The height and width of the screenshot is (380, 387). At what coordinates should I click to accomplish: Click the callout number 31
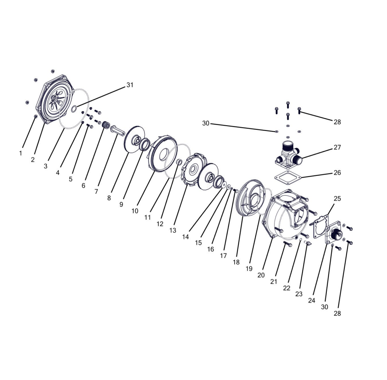point(130,85)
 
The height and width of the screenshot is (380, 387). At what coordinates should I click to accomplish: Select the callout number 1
point(21,153)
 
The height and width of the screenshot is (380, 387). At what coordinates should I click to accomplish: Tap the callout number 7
point(96,192)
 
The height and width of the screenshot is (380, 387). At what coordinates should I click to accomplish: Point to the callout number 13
point(173,230)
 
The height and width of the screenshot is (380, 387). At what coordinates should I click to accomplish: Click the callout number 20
point(261,275)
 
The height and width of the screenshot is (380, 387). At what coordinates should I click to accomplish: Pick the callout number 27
point(337,147)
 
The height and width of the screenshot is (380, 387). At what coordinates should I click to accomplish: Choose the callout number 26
point(337,172)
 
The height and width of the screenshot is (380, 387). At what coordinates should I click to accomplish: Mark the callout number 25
point(337,198)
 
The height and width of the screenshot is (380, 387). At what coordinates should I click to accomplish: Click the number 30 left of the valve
point(206,123)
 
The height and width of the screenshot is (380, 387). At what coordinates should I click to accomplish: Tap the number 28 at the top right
point(337,122)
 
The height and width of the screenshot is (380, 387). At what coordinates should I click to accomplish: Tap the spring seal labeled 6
point(106,125)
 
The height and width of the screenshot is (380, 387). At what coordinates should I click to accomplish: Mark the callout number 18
point(236,262)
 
